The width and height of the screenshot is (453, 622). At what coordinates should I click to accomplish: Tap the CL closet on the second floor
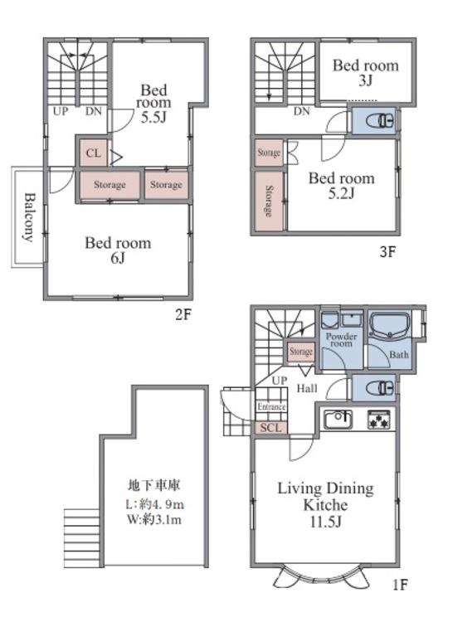pos(93,153)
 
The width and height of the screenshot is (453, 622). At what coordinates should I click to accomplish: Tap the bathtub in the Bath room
pos(390,325)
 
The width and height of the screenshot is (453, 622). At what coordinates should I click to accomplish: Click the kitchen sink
pos(339,420)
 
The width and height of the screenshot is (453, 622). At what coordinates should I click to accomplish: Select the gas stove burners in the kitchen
pos(379,420)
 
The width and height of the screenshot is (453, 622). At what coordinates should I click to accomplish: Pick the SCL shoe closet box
pos(271,428)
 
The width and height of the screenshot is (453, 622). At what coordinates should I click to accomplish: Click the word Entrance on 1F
pos(271,406)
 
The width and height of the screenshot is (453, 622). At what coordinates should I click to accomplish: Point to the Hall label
pos(307,388)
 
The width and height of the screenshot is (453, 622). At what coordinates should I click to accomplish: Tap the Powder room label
pos(342,340)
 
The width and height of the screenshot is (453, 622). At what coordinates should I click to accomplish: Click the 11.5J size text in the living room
pos(325,522)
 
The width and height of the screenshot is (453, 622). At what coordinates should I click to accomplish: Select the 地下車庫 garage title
pos(154,485)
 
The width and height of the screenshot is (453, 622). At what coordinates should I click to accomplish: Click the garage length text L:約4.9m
pos(154,504)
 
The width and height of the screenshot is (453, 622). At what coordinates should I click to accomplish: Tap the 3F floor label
pos(387,252)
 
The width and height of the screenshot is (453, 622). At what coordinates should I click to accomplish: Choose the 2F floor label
pos(183,315)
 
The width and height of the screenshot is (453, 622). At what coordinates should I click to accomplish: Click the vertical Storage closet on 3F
pos(269,202)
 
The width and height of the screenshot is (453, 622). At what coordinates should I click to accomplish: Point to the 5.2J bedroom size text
pos(341,193)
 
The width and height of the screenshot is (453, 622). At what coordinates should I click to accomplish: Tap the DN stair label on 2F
pos(94,111)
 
